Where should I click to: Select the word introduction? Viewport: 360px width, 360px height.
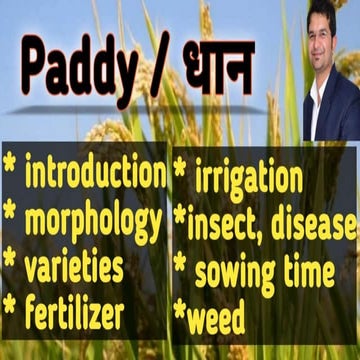95,173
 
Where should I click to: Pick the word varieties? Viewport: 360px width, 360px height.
75,266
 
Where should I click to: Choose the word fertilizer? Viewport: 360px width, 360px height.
75,313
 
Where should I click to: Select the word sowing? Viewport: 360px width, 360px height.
236,270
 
